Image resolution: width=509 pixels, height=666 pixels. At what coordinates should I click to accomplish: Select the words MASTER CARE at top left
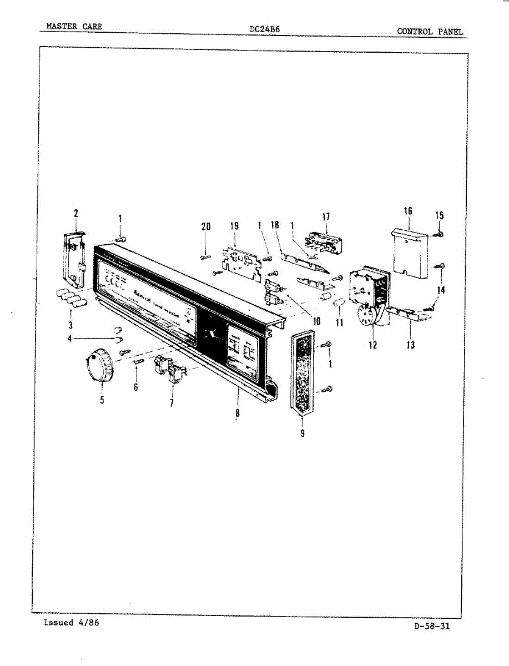74,27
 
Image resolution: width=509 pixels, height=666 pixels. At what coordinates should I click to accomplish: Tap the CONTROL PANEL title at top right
430,32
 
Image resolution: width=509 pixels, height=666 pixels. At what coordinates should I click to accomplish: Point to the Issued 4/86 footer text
71,623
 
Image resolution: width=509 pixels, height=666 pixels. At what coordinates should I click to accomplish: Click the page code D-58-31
431,627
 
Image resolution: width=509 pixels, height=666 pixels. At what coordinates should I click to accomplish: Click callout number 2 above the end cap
76,213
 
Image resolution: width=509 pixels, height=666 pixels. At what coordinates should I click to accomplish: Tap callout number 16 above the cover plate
409,211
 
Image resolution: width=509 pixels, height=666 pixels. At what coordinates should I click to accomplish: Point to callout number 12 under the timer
372,345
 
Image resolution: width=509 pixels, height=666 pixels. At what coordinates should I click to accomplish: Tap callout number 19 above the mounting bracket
235,226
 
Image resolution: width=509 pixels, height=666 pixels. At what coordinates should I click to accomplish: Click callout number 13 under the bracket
411,345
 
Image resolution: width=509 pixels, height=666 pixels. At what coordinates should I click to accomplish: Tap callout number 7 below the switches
172,403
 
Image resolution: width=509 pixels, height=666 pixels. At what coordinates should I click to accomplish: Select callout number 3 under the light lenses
70,325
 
